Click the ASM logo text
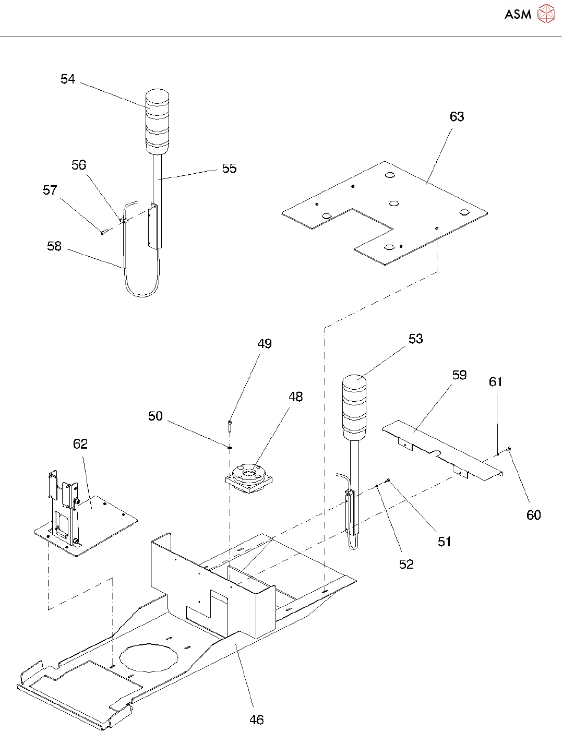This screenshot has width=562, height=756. [518, 14]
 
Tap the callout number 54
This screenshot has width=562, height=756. [67, 79]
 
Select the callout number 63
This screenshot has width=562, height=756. [457, 116]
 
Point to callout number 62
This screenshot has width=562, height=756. [80, 443]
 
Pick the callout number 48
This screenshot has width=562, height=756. [295, 397]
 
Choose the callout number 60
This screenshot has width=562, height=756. [534, 514]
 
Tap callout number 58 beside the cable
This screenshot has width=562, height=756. [54, 246]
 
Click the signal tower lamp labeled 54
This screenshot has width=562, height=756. [158, 122]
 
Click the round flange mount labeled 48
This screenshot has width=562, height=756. [249, 477]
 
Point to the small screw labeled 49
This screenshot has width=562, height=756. [230, 426]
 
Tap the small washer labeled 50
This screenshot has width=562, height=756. [230, 448]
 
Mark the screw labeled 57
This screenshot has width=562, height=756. [104, 232]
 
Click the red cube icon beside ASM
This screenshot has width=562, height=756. [546, 14]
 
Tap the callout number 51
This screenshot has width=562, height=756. [445, 541]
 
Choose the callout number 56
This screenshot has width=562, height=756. [79, 165]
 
